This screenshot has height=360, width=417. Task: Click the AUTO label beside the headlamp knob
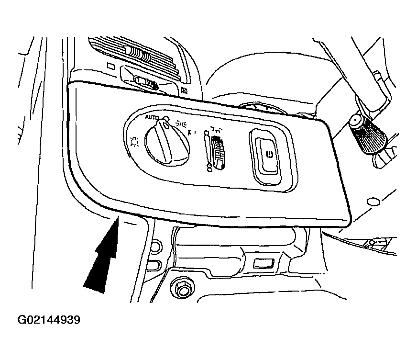pyautogui.click(x=152, y=117)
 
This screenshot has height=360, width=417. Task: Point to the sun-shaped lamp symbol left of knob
pyautogui.click(x=134, y=142)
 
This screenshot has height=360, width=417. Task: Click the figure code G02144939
pyautogui.click(x=49, y=320)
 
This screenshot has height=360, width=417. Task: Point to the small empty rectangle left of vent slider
pyautogui.click(x=110, y=66)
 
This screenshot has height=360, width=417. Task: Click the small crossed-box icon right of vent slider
pyautogui.click(x=184, y=90)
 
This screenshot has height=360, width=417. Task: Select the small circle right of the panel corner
pyautogui.click(x=373, y=202)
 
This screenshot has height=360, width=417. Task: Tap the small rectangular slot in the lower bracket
pyautogui.click(x=264, y=263)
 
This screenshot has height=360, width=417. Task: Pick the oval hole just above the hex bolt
pyautogui.click(x=154, y=266)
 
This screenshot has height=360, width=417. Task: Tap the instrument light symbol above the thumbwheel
pyautogui.click(x=216, y=130)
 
